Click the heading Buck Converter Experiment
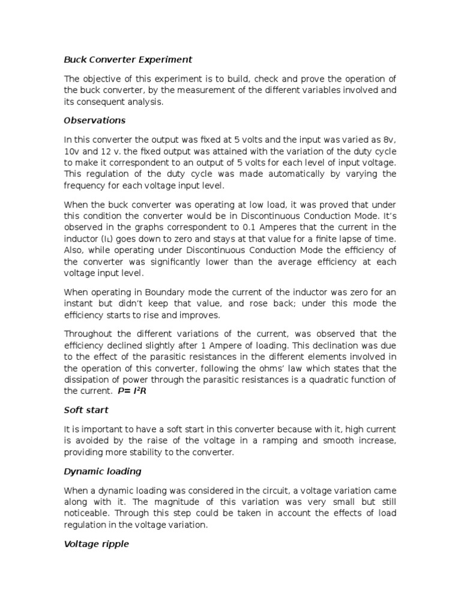(128, 59)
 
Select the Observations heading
(95, 120)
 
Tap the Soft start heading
(86, 410)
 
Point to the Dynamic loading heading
(103, 471)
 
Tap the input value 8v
(390, 140)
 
